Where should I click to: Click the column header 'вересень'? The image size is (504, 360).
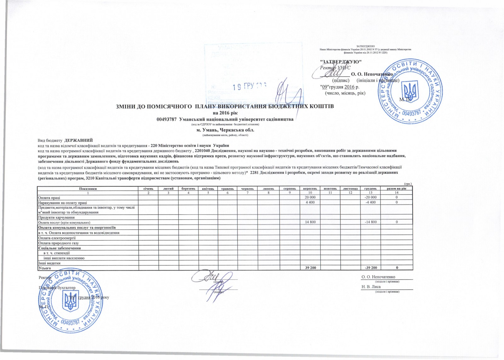point(310,188)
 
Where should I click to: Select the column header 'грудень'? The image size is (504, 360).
point(370,188)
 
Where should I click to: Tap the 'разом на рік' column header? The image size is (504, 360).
point(397,188)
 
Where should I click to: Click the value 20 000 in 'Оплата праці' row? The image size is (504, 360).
point(310,197)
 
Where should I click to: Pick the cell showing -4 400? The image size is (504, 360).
point(370,202)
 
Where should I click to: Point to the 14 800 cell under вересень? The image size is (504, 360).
point(310,222)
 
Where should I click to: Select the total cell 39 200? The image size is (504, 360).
point(310,268)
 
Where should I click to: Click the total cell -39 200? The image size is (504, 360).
point(370,268)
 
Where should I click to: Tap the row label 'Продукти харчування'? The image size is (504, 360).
point(56,217)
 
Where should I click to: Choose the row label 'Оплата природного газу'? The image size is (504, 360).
point(58,243)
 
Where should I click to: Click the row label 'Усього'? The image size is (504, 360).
point(44,268)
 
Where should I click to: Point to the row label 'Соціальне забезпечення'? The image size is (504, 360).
point(59,248)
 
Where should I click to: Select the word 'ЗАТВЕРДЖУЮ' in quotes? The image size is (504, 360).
point(341,61)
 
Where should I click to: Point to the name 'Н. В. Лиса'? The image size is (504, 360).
point(371,287)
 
